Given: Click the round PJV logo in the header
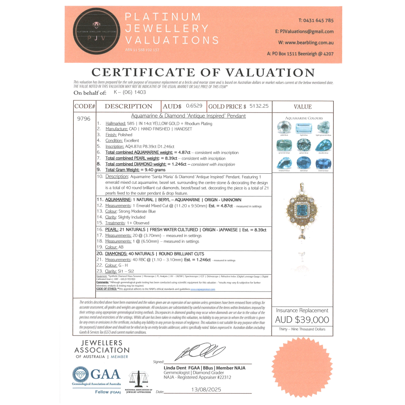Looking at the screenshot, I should (96, 34).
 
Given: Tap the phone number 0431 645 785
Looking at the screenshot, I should (316, 20).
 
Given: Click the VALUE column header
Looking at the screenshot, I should (303, 107).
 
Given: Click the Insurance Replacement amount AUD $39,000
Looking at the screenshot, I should (302, 320).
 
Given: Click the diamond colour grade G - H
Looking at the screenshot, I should (122, 265).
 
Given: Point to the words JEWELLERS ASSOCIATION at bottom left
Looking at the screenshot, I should (102, 347).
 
